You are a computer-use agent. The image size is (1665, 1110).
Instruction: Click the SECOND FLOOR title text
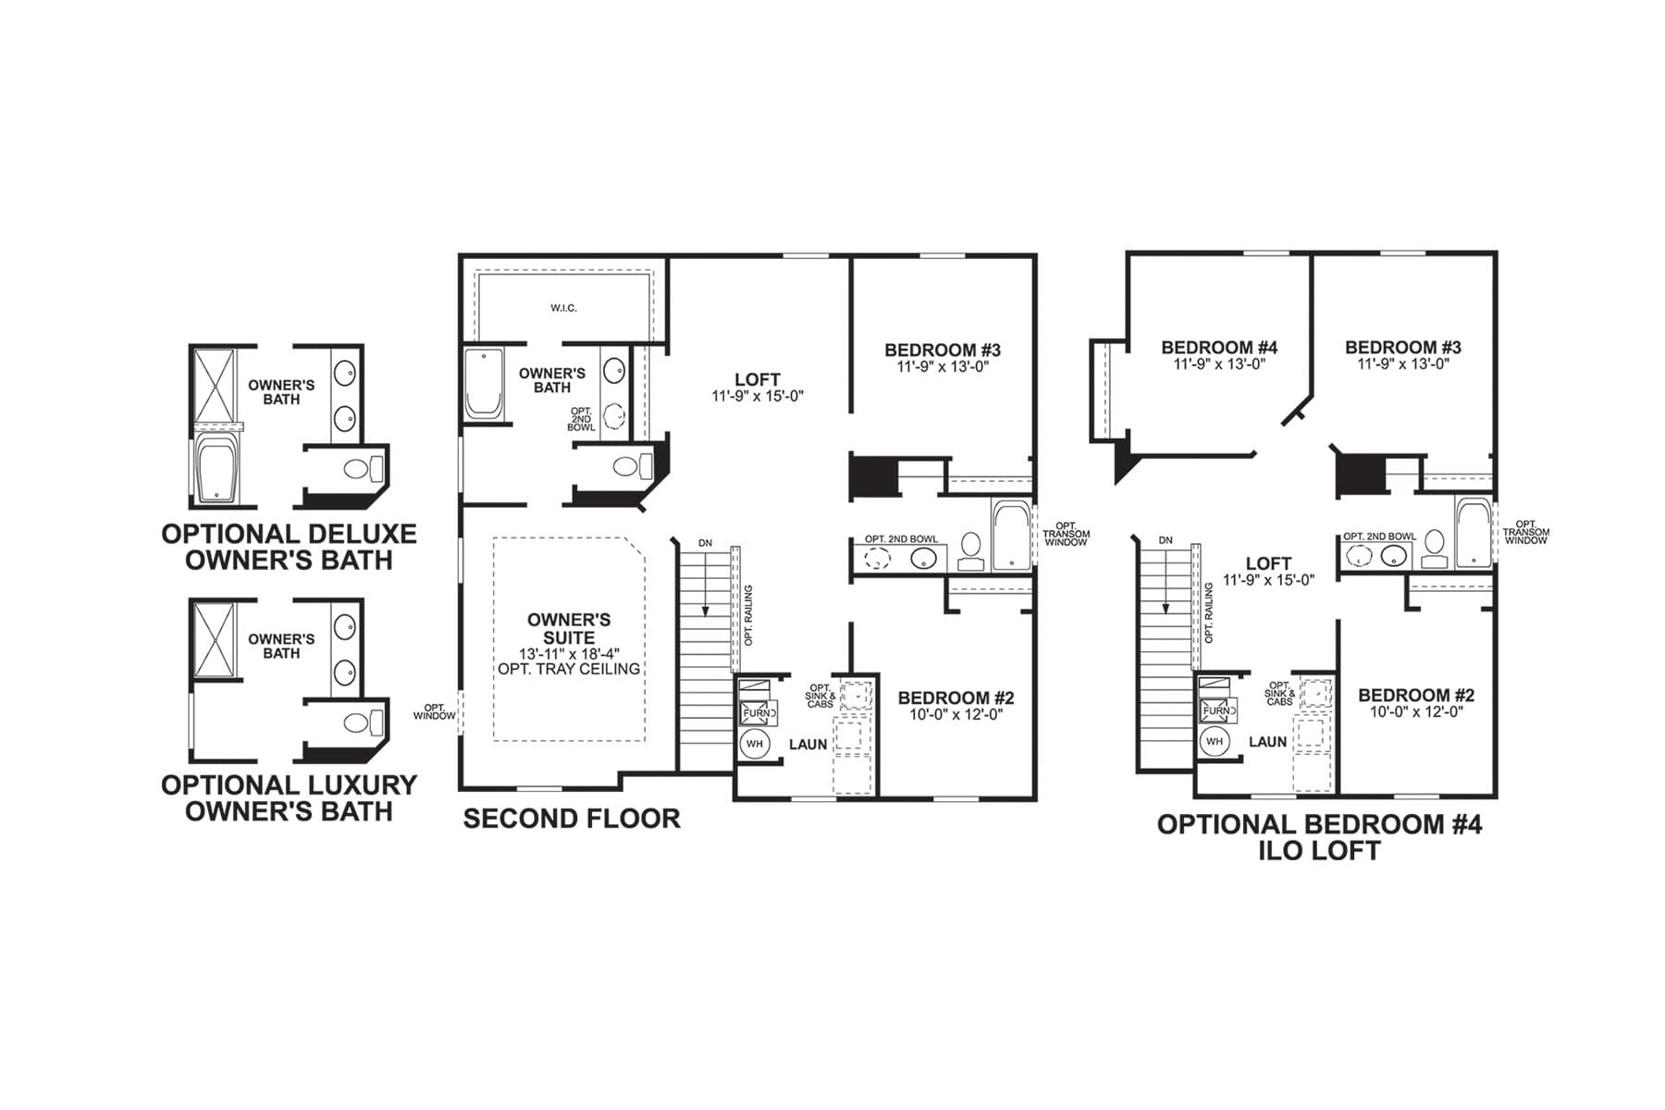point(572,819)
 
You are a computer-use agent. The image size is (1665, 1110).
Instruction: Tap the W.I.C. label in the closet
point(563,308)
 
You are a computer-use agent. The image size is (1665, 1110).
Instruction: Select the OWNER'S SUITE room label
point(569,628)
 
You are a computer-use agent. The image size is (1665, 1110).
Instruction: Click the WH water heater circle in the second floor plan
point(755,744)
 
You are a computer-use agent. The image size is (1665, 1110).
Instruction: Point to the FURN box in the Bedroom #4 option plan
point(1218,710)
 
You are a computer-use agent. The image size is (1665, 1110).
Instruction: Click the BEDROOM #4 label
point(1219,348)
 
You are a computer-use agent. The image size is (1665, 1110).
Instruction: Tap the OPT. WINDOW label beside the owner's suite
point(434,712)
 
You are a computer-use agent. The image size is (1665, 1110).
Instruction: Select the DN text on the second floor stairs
point(706,543)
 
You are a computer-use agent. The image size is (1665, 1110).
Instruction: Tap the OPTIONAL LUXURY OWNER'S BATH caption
point(289,798)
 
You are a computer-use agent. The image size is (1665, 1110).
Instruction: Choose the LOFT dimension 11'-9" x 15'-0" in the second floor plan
point(758,396)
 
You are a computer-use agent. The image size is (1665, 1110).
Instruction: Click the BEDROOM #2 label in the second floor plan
point(956,698)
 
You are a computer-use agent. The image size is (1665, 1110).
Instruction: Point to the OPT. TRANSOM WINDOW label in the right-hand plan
point(1525,532)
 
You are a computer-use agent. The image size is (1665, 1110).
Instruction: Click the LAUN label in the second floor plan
point(808,745)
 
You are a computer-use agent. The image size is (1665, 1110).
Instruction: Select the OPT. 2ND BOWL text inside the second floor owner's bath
point(581,419)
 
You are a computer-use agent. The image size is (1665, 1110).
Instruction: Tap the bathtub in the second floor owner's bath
point(483,383)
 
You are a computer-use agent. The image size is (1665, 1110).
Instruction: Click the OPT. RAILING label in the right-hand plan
point(1208,612)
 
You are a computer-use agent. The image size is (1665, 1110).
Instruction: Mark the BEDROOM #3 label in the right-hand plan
point(1402,348)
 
